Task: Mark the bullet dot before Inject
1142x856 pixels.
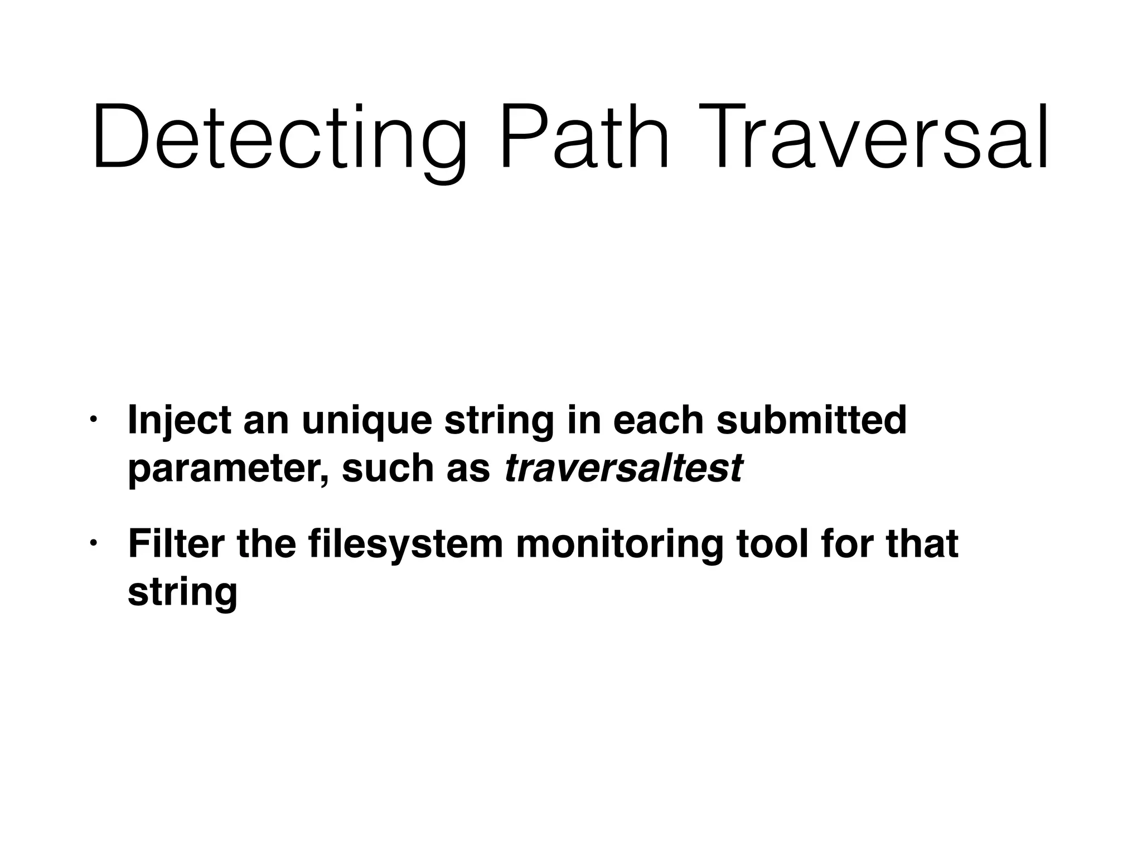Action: [x=94, y=419]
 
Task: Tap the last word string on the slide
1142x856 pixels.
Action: [x=182, y=593]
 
